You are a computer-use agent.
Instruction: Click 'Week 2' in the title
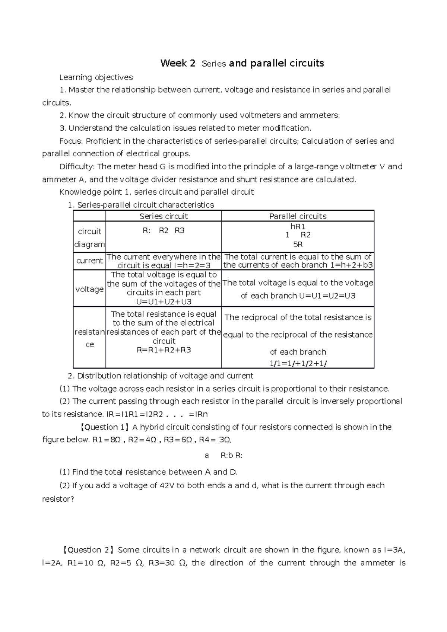(x=178, y=63)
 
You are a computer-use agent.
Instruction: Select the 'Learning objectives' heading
(x=96, y=77)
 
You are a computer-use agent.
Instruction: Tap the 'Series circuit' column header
(x=164, y=216)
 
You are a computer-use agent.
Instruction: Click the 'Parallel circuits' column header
(x=298, y=216)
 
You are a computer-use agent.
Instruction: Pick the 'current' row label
(x=89, y=261)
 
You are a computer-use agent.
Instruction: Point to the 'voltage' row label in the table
(x=89, y=289)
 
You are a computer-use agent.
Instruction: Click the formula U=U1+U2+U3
(x=164, y=302)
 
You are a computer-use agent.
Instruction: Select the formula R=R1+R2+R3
(x=164, y=350)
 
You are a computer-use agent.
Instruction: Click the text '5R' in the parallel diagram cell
(x=298, y=245)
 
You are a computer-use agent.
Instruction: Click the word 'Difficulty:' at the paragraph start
(x=77, y=166)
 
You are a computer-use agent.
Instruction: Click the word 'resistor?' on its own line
(x=58, y=499)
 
